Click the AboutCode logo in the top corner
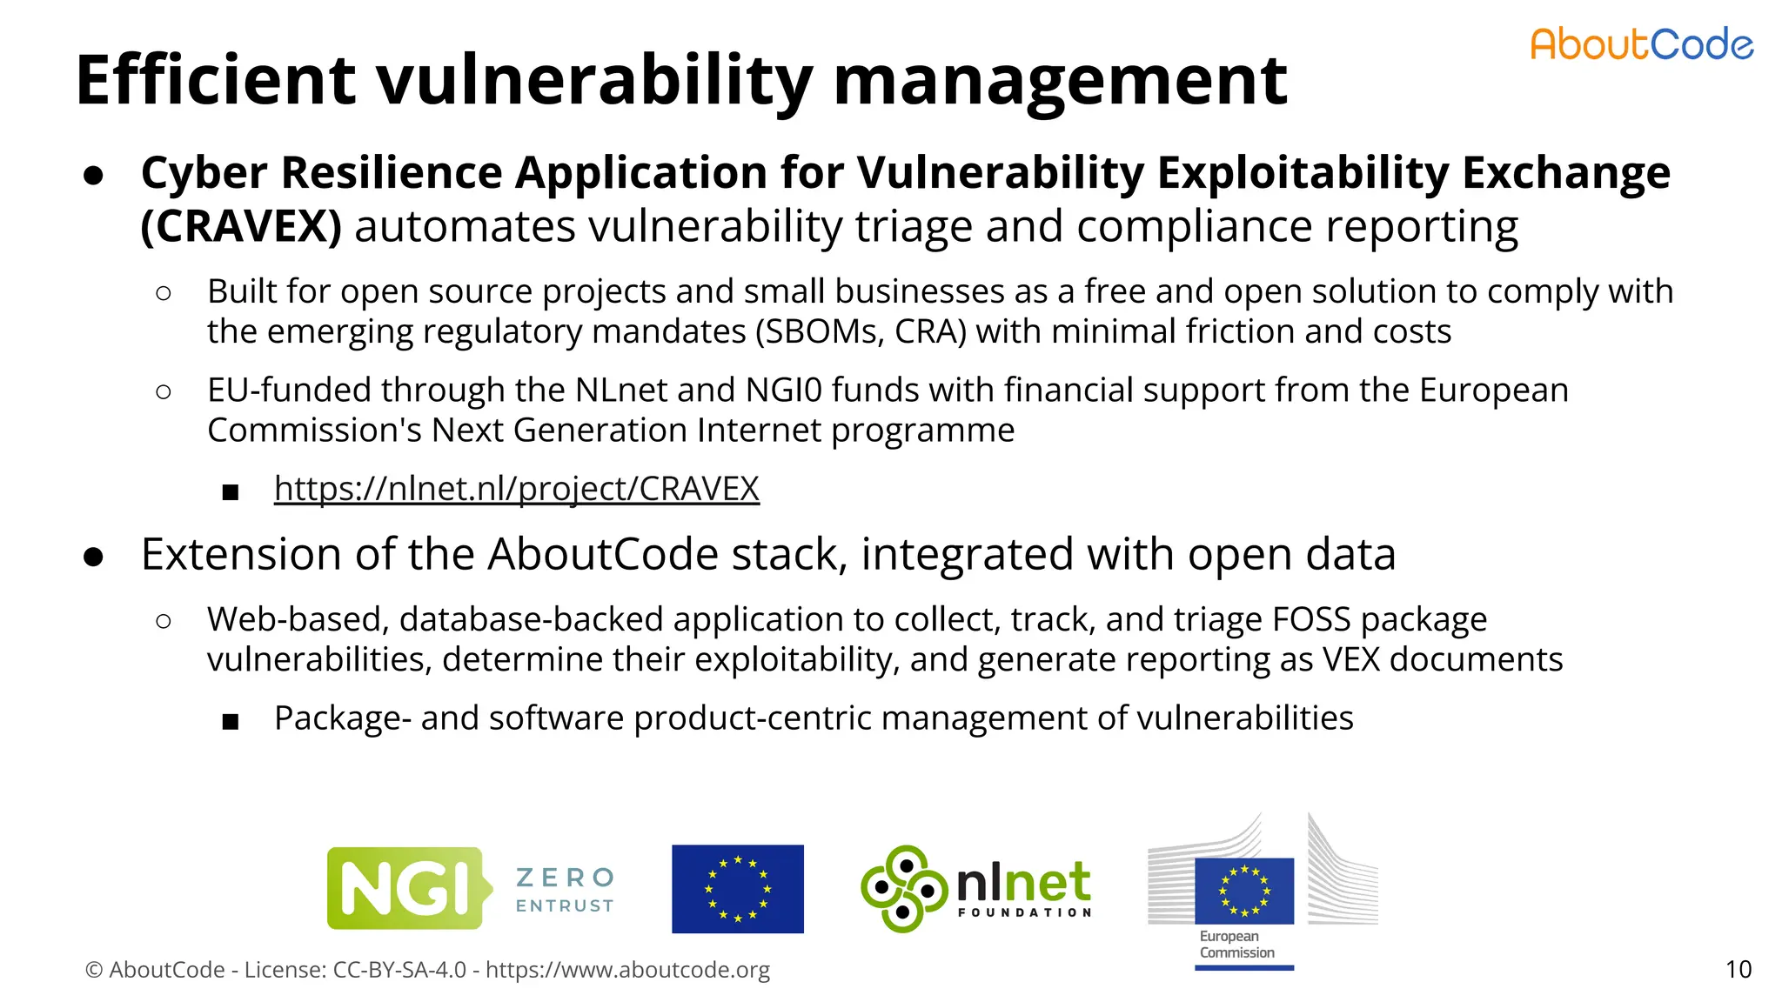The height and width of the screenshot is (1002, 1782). pyautogui.click(x=1641, y=44)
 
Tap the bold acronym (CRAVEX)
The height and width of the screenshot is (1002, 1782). pyautogui.click(x=241, y=227)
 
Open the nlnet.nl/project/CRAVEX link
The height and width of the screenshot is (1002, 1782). pyautogui.click(x=516, y=489)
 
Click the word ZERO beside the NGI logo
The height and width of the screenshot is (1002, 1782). pyautogui.click(x=566, y=877)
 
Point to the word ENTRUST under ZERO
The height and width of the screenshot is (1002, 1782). pyautogui.click(x=565, y=906)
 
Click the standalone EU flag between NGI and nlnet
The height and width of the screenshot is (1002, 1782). pyautogui.click(x=737, y=889)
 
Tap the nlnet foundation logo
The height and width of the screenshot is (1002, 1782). pyautogui.click(x=975, y=889)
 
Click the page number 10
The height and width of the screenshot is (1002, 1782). pyautogui.click(x=1738, y=970)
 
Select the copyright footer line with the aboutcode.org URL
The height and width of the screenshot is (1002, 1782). pyautogui.click(x=427, y=970)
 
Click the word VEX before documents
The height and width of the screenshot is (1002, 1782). pyautogui.click(x=1351, y=660)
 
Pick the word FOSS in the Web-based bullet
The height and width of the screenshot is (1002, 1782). pyautogui.click(x=1311, y=620)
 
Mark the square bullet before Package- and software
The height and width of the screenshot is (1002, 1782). pyautogui.click(x=230, y=721)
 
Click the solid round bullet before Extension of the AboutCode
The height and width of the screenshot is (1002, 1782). pyautogui.click(x=94, y=557)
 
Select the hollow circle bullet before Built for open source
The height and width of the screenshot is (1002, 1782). pyautogui.click(x=163, y=293)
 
